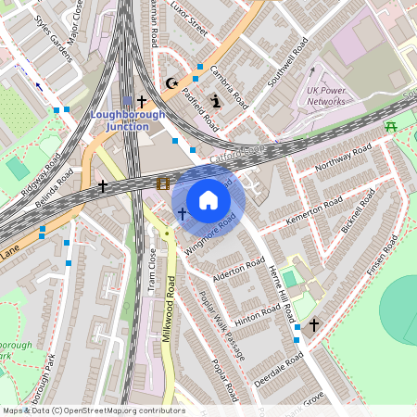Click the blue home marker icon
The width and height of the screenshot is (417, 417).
208,200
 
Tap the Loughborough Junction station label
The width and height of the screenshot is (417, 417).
128,120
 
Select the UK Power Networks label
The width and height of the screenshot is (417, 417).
326,95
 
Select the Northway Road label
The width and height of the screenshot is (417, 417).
342,160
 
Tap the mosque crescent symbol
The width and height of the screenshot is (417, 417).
170,83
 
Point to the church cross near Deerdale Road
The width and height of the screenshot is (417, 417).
314,325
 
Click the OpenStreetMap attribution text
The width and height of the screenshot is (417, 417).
93,411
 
